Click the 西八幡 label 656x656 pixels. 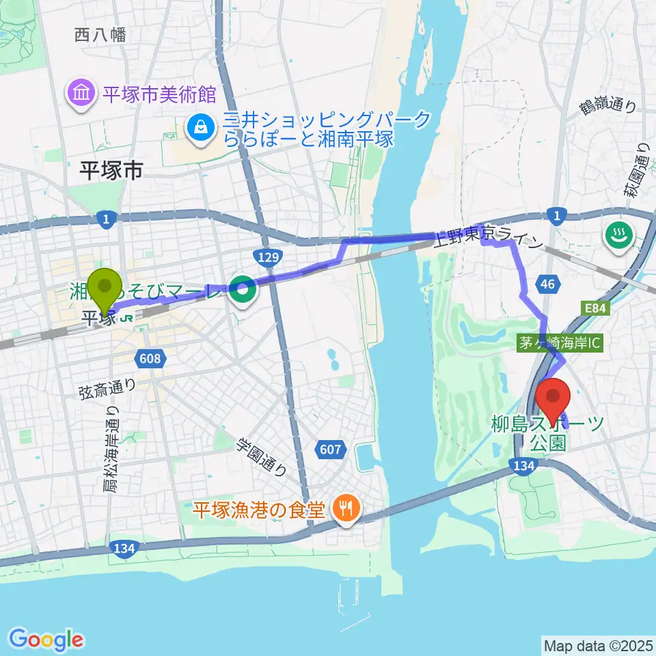[101, 35]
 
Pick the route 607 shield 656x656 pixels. [329, 449]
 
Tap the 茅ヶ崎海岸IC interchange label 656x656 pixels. [560, 344]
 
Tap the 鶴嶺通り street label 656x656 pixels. [607, 105]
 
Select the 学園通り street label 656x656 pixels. [262, 456]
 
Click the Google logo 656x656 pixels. [46, 639]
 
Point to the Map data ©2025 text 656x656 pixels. [598, 644]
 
